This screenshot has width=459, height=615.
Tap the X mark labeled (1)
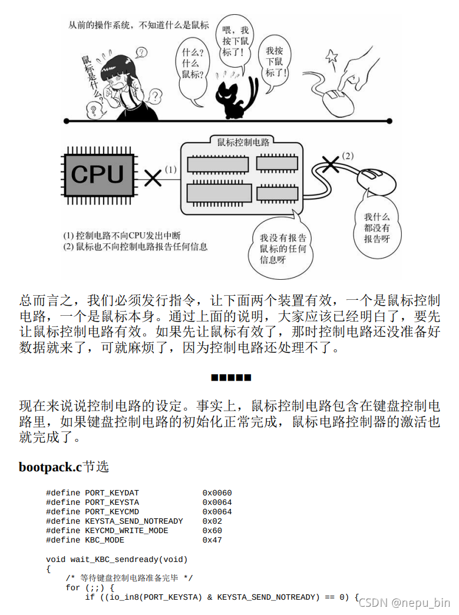(153, 177)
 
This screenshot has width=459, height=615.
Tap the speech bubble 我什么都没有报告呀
(377, 228)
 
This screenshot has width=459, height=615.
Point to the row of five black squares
(231, 377)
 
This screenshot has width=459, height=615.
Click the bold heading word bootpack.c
(50, 467)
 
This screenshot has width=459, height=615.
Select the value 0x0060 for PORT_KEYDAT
(217, 493)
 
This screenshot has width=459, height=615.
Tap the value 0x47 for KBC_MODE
(212, 540)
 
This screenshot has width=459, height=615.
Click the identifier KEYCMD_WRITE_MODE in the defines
(127, 531)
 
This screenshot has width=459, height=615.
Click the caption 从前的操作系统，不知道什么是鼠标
(138, 25)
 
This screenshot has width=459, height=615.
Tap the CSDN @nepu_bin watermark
(404, 603)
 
